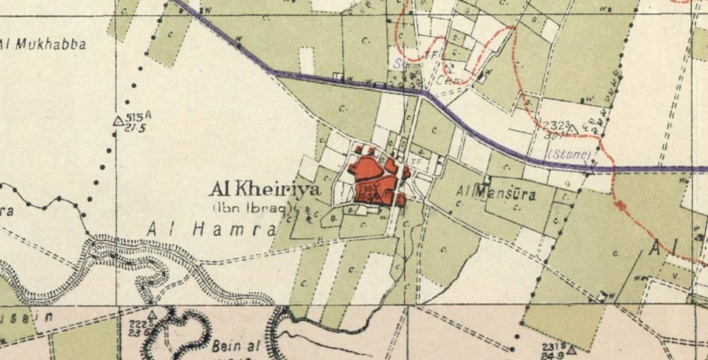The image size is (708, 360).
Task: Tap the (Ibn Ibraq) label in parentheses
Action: [x=252, y=207]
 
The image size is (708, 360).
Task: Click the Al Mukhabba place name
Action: [x=44, y=44]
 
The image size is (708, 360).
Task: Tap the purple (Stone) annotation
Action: [x=570, y=155]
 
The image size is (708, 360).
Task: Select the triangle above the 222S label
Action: [x=152, y=315]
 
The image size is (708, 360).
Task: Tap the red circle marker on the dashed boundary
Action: [x=619, y=206]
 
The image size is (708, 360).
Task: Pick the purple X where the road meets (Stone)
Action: [x=589, y=168]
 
